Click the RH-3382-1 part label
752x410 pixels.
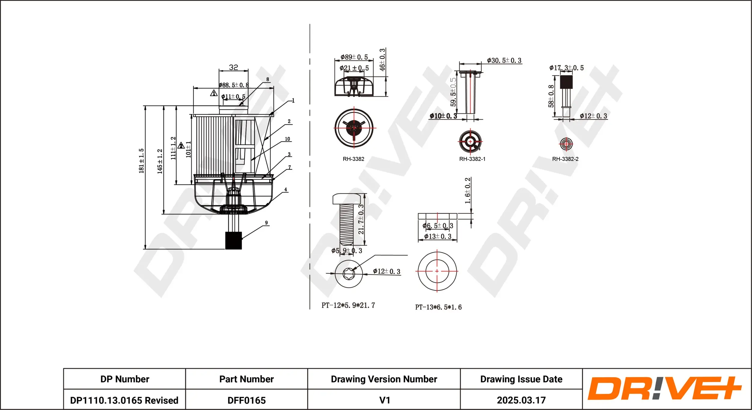[x=472, y=159]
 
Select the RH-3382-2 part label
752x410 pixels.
[x=565, y=159]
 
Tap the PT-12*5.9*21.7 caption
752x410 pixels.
[x=348, y=305]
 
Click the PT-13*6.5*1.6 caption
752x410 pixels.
[x=438, y=307]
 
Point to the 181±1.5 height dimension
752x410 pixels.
[x=141, y=161]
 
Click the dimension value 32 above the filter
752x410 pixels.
[x=233, y=67]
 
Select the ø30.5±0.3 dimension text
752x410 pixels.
[x=504, y=60]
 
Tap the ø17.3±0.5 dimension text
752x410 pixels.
[x=566, y=68]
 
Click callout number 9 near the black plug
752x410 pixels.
[x=266, y=223]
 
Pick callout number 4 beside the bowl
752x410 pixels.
[x=285, y=190]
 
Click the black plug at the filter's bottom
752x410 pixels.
[x=233, y=240]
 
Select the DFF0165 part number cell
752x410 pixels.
[x=246, y=400]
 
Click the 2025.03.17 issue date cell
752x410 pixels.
[x=521, y=400]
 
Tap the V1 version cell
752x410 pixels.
[x=384, y=400]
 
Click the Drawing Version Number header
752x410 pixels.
[x=384, y=379]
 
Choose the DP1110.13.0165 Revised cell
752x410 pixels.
[x=124, y=400]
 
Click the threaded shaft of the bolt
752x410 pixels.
[x=347, y=224]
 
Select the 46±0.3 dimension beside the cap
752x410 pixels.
[x=382, y=60]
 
